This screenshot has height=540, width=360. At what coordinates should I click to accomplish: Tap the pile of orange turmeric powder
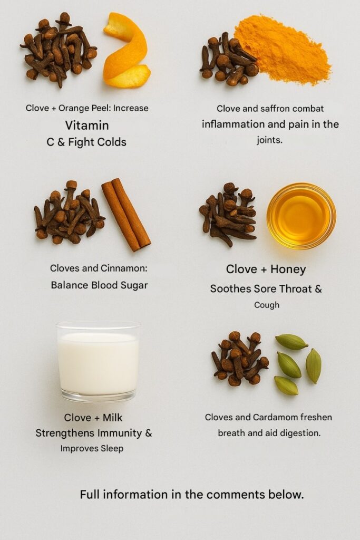pos(282,48)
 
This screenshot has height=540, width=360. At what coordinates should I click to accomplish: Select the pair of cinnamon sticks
pos(126,214)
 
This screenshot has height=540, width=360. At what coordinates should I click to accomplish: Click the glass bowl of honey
pos(301,216)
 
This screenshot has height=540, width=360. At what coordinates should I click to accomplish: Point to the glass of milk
pos(99,362)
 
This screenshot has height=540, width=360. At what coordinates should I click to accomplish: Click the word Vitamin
pos(87,126)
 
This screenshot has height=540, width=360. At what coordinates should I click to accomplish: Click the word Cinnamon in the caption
pos(124,268)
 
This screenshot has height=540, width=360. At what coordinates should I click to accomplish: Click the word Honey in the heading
pos(288,269)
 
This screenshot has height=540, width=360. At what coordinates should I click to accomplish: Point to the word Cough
pos(267,305)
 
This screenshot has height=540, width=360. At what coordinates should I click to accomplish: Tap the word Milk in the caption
pos(113,418)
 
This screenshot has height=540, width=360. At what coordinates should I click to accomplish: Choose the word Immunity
pos(120,433)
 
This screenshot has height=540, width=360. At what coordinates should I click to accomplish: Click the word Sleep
pos(112,449)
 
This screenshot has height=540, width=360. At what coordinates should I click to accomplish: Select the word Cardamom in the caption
pos(275,418)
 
